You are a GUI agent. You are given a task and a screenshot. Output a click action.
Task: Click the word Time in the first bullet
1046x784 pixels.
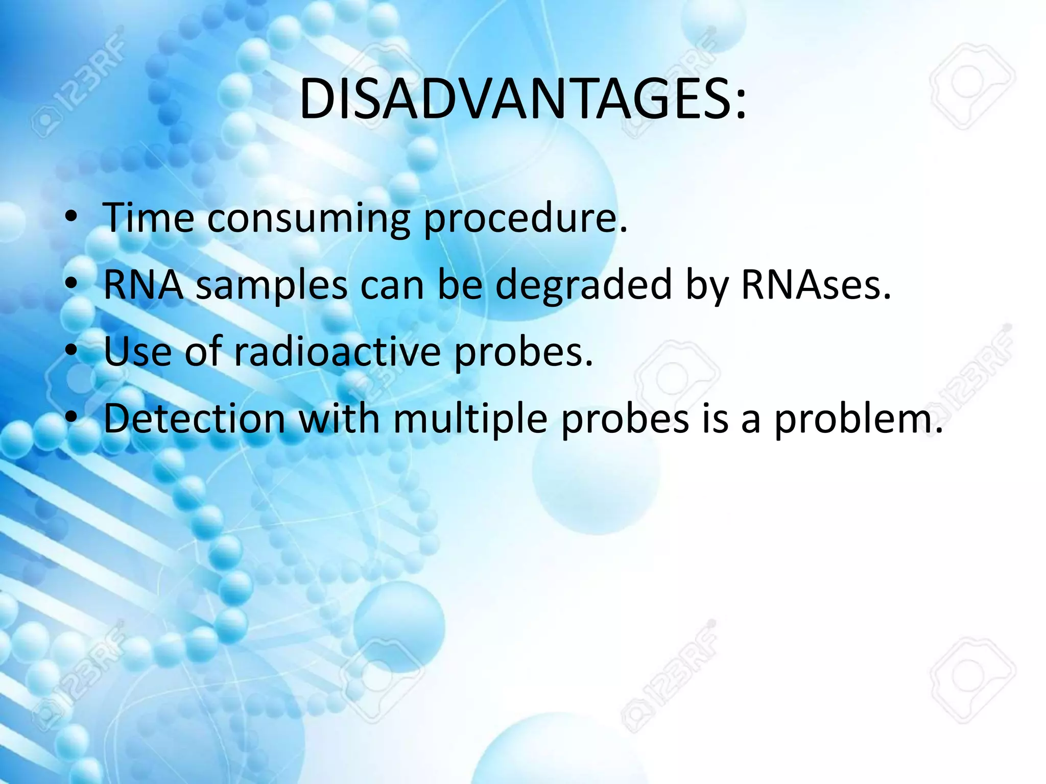click(x=149, y=218)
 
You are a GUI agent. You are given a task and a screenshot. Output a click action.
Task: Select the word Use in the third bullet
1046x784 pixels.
click(x=137, y=352)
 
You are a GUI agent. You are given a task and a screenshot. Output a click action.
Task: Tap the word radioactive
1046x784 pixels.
click(x=337, y=352)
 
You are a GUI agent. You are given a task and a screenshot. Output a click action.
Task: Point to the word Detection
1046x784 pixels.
click(x=195, y=419)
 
